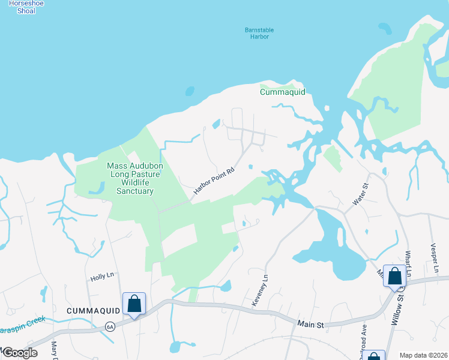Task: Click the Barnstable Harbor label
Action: pos(259,33)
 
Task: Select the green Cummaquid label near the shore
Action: pos(283,92)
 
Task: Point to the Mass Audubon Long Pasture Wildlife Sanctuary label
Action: pos(130,178)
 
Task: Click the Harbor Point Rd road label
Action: pos(213,180)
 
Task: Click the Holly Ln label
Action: pos(102,277)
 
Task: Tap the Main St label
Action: pos(311,325)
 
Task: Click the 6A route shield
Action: pos(109,326)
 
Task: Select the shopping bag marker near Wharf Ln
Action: pos(394,277)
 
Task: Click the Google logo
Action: pos(19,353)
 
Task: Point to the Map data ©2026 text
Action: pos(423,355)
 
